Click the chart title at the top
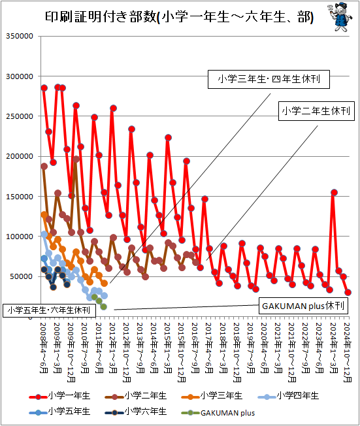(179, 17)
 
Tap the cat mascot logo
(340, 17)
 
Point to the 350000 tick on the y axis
(20, 36)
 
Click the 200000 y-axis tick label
(20, 156)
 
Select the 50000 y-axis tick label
(22, 276)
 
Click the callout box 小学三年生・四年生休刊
(269, 79)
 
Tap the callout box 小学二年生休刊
(316, 111)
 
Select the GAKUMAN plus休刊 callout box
(303, 306)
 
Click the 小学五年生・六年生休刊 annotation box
(49, 310)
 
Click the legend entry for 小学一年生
(59, 396)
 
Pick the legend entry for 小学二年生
(136, 396)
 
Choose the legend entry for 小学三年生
(212, 396)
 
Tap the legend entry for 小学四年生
(288, 396)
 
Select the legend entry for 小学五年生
(59, 412)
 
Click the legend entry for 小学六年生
(136, 412)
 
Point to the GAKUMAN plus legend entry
(218, 413)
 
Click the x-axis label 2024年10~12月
(348, 352)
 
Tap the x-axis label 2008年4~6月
(44, 348)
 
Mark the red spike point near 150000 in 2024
(334, 192)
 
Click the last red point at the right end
(348, 292)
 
